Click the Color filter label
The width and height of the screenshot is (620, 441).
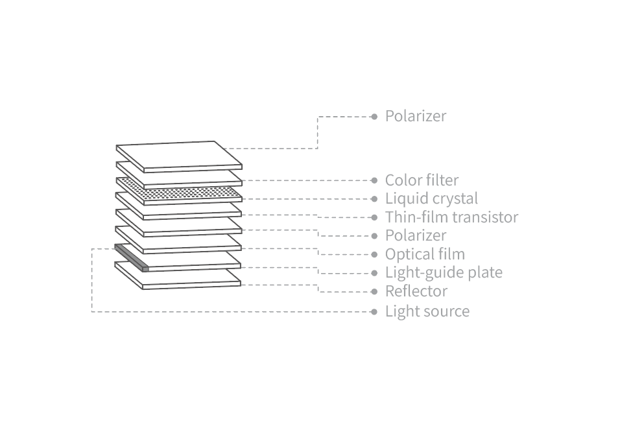click(x=422, y=180)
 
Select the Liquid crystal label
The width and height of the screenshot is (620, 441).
click(x=431, y=198)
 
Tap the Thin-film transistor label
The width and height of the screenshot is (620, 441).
click(x=451, y=217)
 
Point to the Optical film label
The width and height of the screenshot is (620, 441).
click(x=425, y=254)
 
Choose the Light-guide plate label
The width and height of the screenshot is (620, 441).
click(x=444, y=272)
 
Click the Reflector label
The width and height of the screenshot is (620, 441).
click(x=416, y=291)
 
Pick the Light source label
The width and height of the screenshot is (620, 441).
click(x=427, y=311)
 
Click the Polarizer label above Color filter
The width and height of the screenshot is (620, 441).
click(x=416, y=116)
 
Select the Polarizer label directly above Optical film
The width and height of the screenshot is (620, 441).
click(x=416, y=235)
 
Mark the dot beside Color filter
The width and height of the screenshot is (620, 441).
click(x=374, y=180)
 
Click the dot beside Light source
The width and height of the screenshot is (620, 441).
click(x=374, y=312)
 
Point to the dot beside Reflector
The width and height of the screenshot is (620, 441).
click(x=374, y=292)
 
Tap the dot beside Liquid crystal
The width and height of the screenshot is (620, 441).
click(x=374, y=199)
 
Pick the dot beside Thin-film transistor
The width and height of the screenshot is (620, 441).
click(x=374, y=217)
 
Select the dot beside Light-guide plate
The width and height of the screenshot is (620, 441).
click(x=374, y=273)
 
